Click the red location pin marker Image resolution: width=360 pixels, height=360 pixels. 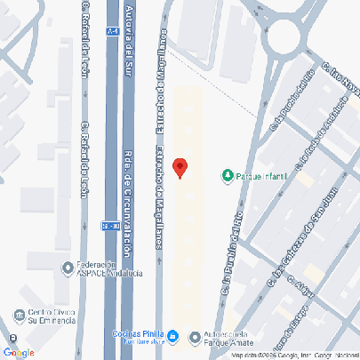pos(180,167)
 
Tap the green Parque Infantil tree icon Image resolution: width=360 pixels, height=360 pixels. pos(228,174)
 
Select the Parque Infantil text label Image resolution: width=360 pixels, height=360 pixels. pos(260,175)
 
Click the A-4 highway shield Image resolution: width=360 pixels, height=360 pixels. pos(112,31)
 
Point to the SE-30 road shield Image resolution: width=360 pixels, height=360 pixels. pos(109,224)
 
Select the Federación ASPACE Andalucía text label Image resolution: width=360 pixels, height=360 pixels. pos(98,269)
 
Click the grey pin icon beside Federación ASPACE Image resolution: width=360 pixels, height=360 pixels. pos(67,268)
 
